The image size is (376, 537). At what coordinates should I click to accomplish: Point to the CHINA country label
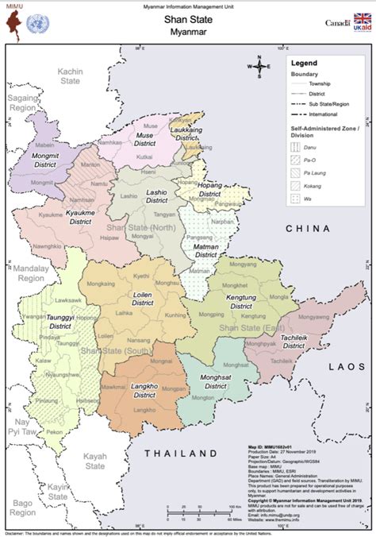coord(307,228)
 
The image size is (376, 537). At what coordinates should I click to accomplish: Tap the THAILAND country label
coord(179,453)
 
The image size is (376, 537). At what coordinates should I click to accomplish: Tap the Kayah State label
coord(95,461)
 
